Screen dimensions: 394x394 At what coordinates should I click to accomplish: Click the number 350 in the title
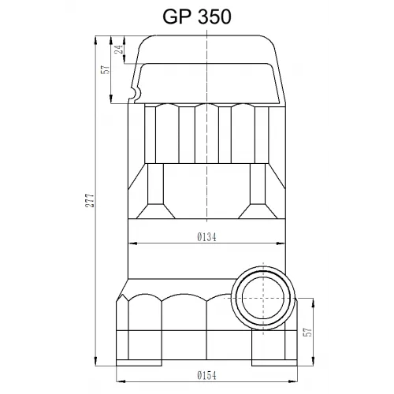214,17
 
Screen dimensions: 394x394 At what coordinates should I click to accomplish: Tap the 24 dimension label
119,49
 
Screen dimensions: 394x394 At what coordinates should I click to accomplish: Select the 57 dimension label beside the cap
106,69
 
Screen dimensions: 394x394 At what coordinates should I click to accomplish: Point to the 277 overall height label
90,201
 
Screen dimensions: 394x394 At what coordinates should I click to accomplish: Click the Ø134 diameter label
207,237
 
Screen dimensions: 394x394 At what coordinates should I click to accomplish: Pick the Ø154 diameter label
207,376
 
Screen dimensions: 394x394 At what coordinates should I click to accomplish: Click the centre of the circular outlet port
263,298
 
